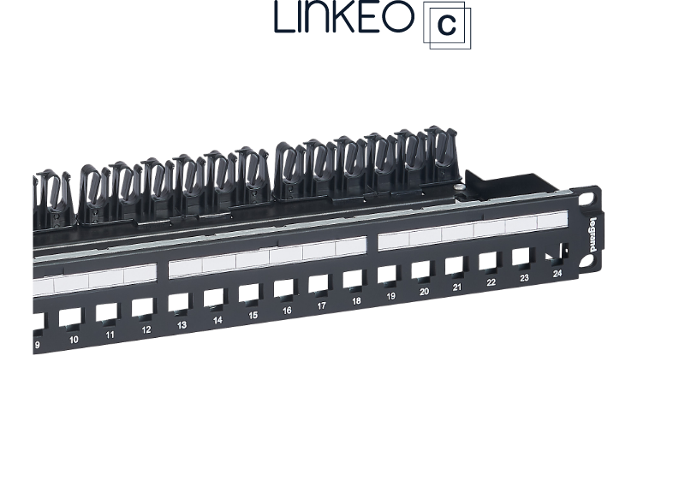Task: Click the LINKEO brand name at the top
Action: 344,16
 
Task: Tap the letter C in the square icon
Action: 446,26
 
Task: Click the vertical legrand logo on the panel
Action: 593,234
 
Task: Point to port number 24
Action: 557,274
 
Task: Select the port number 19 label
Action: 390,296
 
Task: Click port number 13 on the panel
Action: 182,325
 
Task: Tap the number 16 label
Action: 287,311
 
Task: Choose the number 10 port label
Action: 74,340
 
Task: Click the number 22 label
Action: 491,282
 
